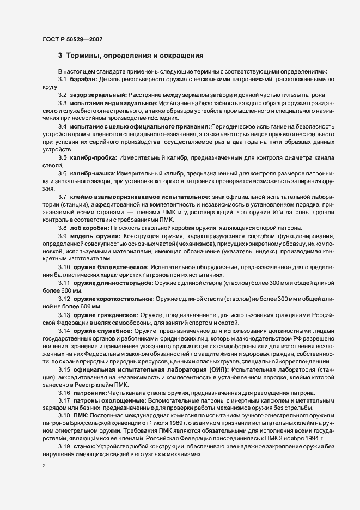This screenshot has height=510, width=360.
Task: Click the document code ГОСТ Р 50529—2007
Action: (72, 39)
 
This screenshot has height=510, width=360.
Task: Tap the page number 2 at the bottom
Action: (44, 466)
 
